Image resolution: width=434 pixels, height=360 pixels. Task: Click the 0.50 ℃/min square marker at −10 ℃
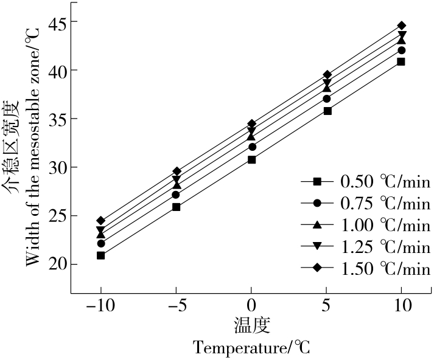tap(100, 255)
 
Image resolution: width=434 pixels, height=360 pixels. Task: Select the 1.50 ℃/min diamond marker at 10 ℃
tap(401, 26)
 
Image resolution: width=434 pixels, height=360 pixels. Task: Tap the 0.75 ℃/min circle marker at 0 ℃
tap(251, 147)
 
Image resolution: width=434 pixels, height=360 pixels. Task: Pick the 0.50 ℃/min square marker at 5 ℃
tap(327, 111)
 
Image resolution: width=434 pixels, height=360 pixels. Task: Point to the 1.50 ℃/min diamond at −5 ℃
tap(177, 171)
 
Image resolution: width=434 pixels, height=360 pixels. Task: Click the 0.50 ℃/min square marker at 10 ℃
tap(401, 62)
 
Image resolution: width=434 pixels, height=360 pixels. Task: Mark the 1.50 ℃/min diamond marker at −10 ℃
tap(100, 221)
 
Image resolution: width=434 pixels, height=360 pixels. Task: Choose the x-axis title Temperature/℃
tap(252, 348)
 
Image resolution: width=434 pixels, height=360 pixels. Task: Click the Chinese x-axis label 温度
tap(252, 325)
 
